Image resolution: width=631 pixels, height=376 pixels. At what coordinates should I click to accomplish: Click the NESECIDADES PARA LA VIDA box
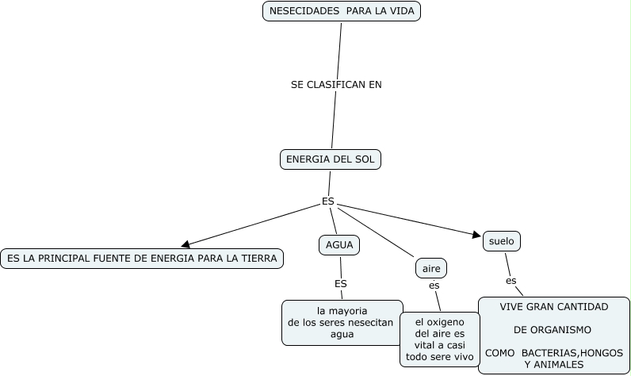click(341, 11)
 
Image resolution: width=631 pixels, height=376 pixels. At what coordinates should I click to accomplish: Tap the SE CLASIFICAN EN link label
click(336, 84)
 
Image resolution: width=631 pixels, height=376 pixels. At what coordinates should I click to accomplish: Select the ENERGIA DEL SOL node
click(331, 159)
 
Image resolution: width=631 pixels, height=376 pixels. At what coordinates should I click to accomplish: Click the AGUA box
click(339, 245)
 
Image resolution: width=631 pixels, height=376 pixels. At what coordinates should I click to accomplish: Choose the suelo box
click(502, 240)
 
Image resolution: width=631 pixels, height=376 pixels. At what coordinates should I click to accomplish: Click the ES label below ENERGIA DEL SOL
click(328, 201)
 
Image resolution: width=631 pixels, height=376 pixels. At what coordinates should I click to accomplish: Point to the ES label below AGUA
click(341, 283)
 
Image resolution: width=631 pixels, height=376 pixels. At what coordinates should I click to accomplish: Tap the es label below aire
click(434, 286)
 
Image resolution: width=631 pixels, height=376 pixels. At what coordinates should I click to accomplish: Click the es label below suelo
click(511, 281)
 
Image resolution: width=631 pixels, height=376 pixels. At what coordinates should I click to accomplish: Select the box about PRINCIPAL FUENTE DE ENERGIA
click(141, 259)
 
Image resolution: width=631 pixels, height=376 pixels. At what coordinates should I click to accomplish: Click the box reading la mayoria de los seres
click(342, 322)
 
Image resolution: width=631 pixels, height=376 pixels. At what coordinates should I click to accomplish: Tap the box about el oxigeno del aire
click(439, 339)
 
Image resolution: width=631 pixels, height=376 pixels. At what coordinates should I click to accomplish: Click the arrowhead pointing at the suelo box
click(478, 235)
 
